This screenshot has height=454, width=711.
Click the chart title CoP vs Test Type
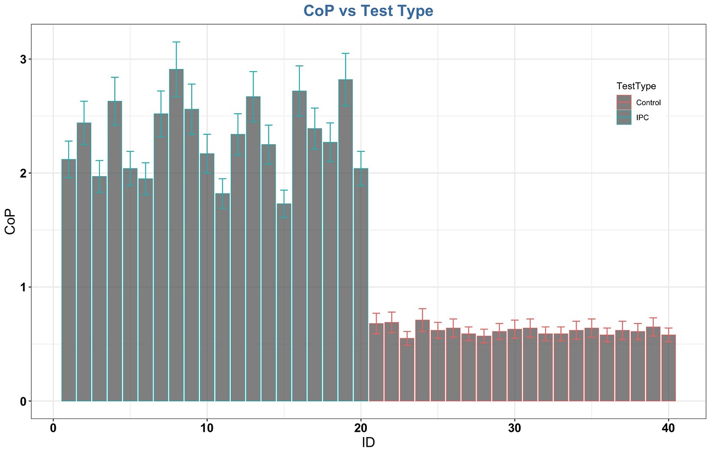click(x=368, y=10)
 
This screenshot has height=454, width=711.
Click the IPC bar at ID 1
click(x=69, y=280)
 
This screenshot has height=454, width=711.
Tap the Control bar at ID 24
click(x=422, y=360)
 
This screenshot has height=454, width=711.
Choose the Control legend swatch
click(x=624, y=102)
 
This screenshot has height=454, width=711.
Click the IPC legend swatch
click(x=624, y=117)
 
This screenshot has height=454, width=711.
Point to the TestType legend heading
click(x=636, y=86)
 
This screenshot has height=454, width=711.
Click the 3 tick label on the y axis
click(x=23, y=59)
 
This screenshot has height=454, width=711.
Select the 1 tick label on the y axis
click(x=23, y=287)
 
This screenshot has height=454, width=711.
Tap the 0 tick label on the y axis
click(x=23, y=401)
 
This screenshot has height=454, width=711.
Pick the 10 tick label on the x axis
click(x=207, y=428)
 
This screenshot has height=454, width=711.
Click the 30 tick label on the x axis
click(x=514, y=428)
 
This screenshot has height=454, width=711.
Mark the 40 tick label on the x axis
click(x=668, y=428)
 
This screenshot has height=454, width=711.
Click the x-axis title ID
click(x=368, y=442)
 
